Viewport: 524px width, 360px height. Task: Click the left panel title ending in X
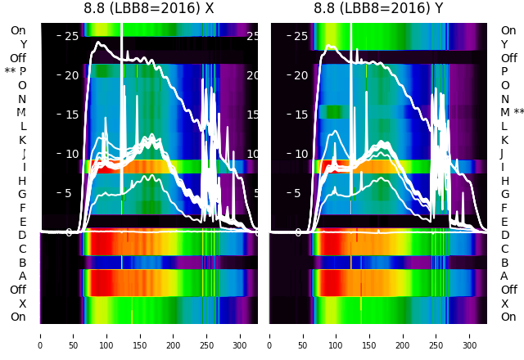point(149,9)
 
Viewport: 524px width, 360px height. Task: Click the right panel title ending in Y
point(378,9)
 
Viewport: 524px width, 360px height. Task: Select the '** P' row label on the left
point(16,72)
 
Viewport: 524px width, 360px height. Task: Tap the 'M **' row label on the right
point(513,113)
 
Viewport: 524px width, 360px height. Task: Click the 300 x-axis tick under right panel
point(470,335)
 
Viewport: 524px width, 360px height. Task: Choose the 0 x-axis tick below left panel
point(40,335)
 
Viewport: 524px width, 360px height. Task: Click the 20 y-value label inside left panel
point(71,75)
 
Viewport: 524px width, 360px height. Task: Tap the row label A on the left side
point(22,276)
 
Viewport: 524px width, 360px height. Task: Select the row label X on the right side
point(504,304)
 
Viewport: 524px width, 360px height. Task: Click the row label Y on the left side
point(23,44)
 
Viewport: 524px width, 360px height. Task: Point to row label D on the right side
point(504,236)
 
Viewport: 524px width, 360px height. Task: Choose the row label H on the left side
point(22,181)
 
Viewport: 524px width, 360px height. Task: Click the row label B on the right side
point(504,263)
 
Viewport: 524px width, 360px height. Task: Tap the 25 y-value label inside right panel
point(300,36)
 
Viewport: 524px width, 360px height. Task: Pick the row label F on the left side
point(23,208)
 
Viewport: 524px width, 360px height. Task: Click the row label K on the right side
point(504,140)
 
